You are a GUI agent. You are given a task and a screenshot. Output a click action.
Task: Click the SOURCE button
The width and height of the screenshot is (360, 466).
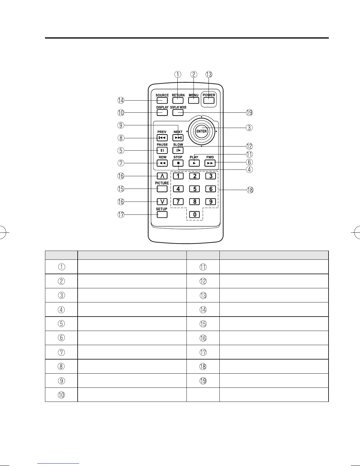pos(162,101)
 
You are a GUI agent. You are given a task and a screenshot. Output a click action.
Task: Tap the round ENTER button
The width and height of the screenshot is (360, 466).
pos(201,131)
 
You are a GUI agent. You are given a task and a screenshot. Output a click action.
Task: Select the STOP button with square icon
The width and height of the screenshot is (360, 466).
pos(178,163)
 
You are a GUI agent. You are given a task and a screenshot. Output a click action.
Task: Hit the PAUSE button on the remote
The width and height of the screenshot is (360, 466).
pos(162,150)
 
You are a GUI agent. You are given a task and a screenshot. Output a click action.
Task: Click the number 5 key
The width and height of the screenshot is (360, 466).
pos(194,189)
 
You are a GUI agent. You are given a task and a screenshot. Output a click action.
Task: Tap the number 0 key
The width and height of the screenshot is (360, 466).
pos(194,214)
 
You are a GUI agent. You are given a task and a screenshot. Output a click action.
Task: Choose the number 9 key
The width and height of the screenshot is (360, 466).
pos(211,202)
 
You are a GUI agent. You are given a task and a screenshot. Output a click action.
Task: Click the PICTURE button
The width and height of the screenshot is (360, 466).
pos(162,189)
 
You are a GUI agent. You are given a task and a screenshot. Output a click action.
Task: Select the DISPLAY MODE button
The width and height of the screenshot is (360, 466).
pos(178,113)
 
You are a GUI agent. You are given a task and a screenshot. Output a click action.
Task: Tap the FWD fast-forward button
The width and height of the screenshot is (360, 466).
pos(210,163)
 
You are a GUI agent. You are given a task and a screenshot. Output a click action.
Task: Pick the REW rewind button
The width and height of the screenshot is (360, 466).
pos(162,163)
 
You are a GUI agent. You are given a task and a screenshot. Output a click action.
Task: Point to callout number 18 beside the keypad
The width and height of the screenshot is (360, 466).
pos(250,190)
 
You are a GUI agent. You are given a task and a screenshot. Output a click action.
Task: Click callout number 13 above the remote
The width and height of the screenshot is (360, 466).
pos(209,74)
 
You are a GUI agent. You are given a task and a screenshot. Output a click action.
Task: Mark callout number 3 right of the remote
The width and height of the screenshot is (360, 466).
pos(249,128)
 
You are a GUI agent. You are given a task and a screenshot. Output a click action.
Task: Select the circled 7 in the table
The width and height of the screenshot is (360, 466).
pos(61,352)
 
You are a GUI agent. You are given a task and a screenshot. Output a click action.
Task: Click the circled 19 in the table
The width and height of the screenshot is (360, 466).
pos(203,381)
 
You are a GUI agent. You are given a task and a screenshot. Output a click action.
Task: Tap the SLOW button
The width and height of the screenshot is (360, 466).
pos(178,150)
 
